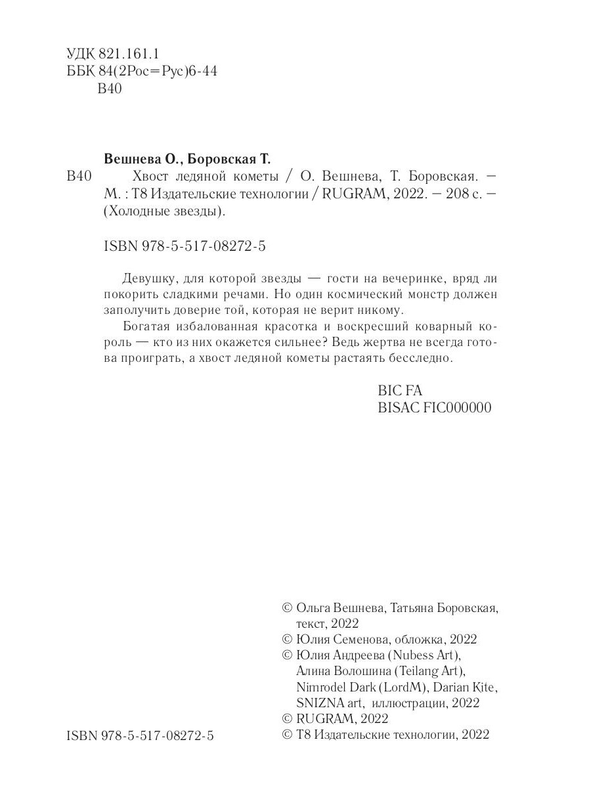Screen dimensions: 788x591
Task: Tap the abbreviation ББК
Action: tap(80, 72)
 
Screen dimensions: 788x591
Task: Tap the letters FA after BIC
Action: tap(414, 390)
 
